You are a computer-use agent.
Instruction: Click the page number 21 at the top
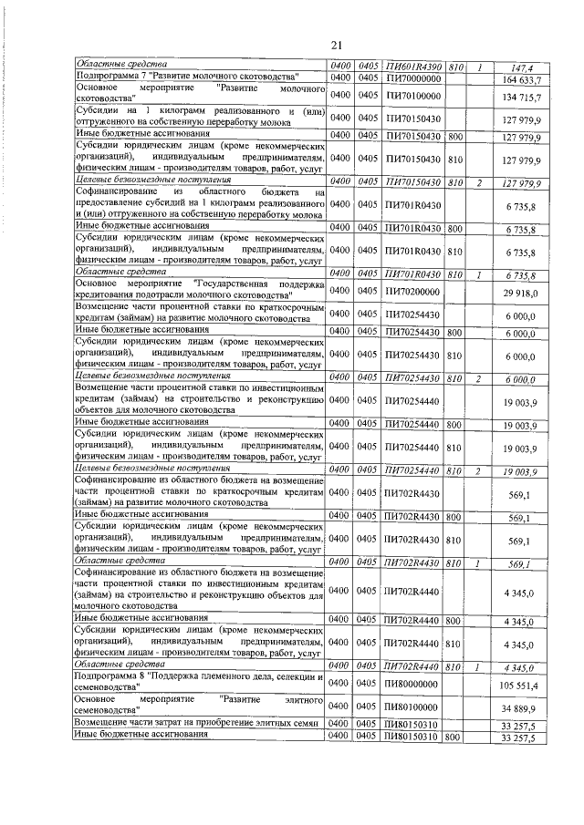(336, 45)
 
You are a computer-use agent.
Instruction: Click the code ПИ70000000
(412, 78)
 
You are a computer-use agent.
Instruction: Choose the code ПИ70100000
(412, 95)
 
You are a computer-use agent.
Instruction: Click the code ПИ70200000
(412, 291)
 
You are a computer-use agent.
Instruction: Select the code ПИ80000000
(412, 684)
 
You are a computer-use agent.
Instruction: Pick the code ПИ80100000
(412, 707)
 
